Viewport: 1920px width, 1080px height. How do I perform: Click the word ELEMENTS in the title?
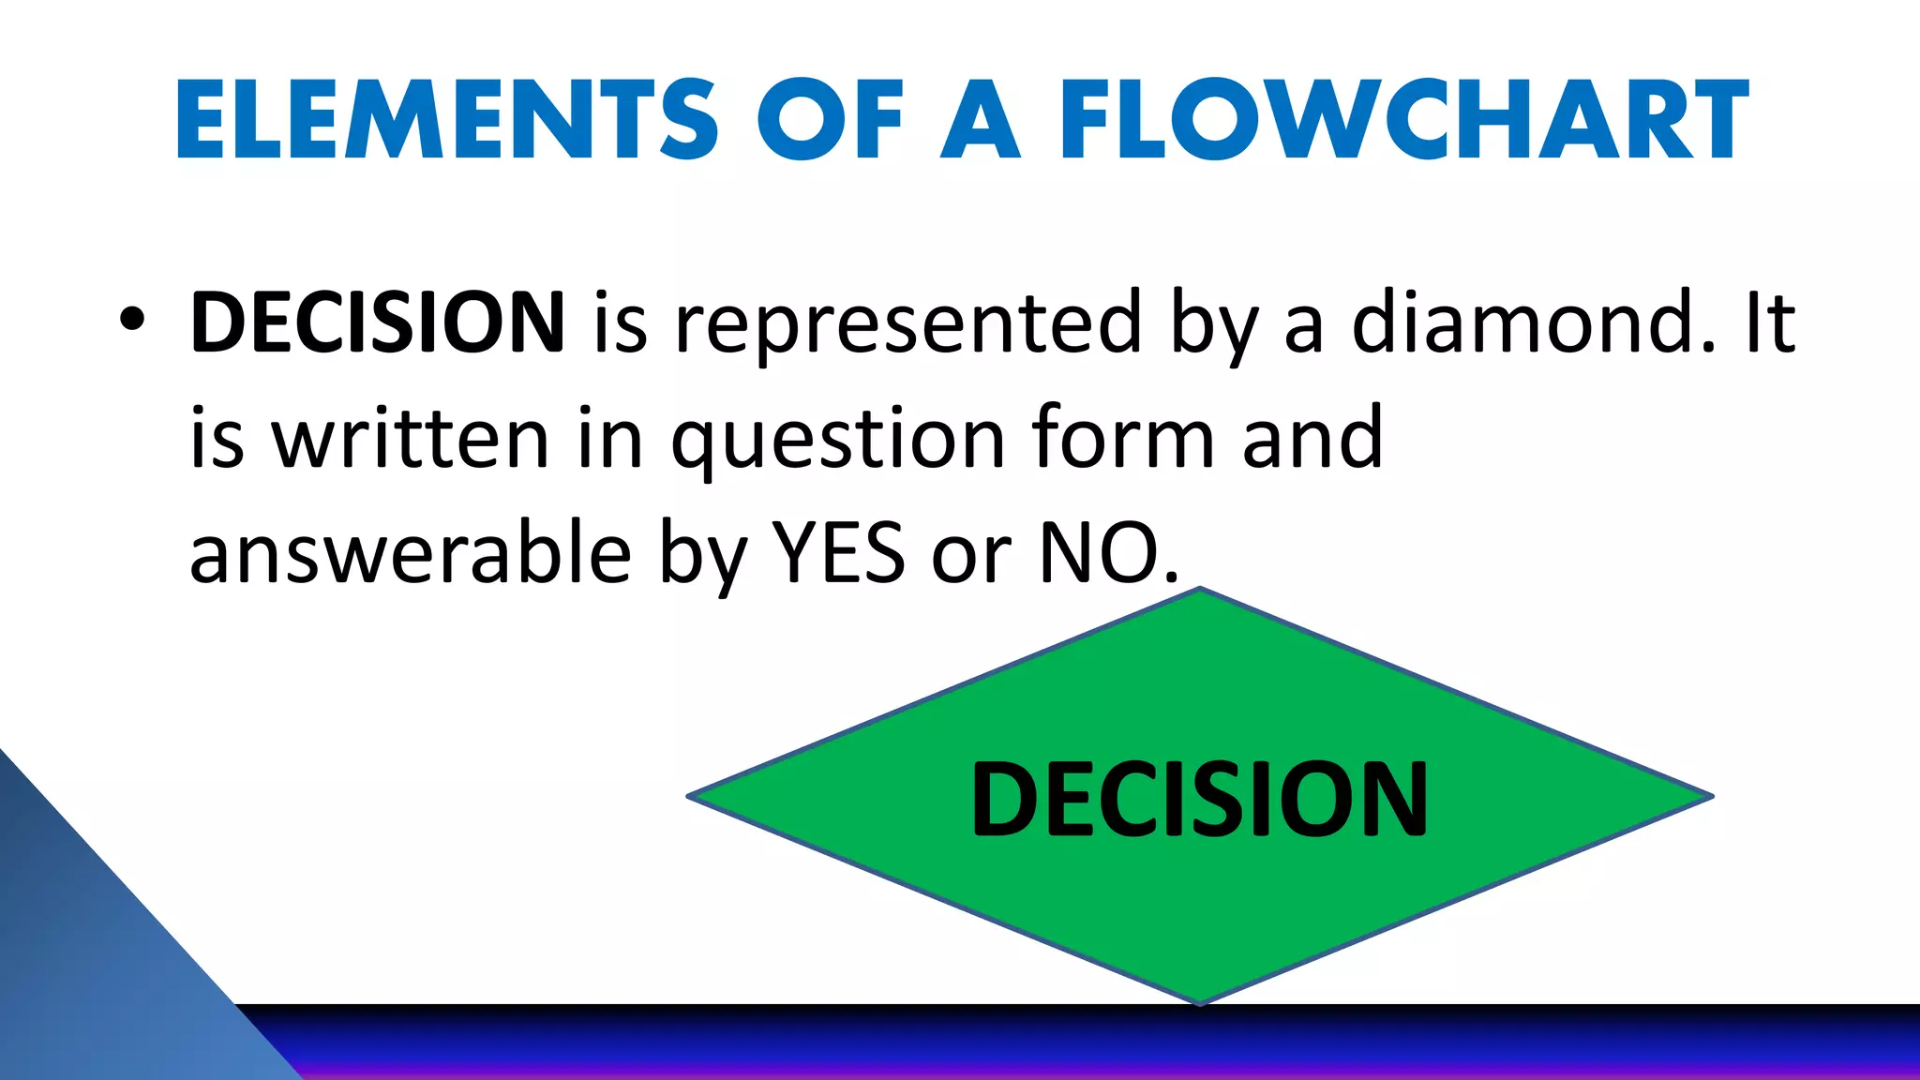[x=446, y=120]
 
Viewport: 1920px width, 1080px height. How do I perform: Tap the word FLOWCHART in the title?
[x=1403, y=120]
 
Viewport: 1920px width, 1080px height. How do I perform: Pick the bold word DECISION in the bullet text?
[x=377, y=322]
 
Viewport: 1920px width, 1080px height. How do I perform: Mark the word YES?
[x=838, y=553]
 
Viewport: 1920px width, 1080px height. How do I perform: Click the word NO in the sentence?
[x=1102, y=553]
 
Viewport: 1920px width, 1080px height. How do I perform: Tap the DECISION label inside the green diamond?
[x=1199, y=799]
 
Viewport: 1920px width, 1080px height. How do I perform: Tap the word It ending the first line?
[x=1769, y=322]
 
